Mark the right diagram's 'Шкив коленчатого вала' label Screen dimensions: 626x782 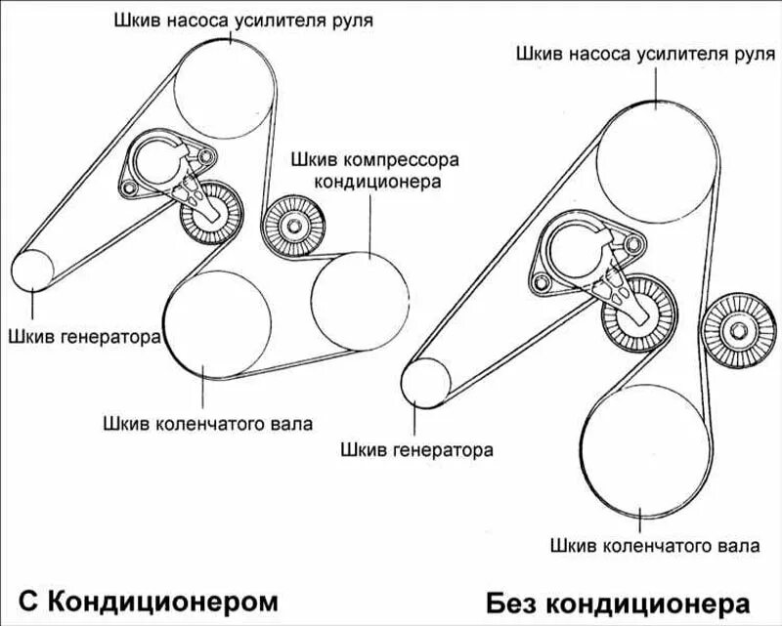pos(643,543)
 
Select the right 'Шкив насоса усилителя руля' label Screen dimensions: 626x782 pos(639,53)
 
